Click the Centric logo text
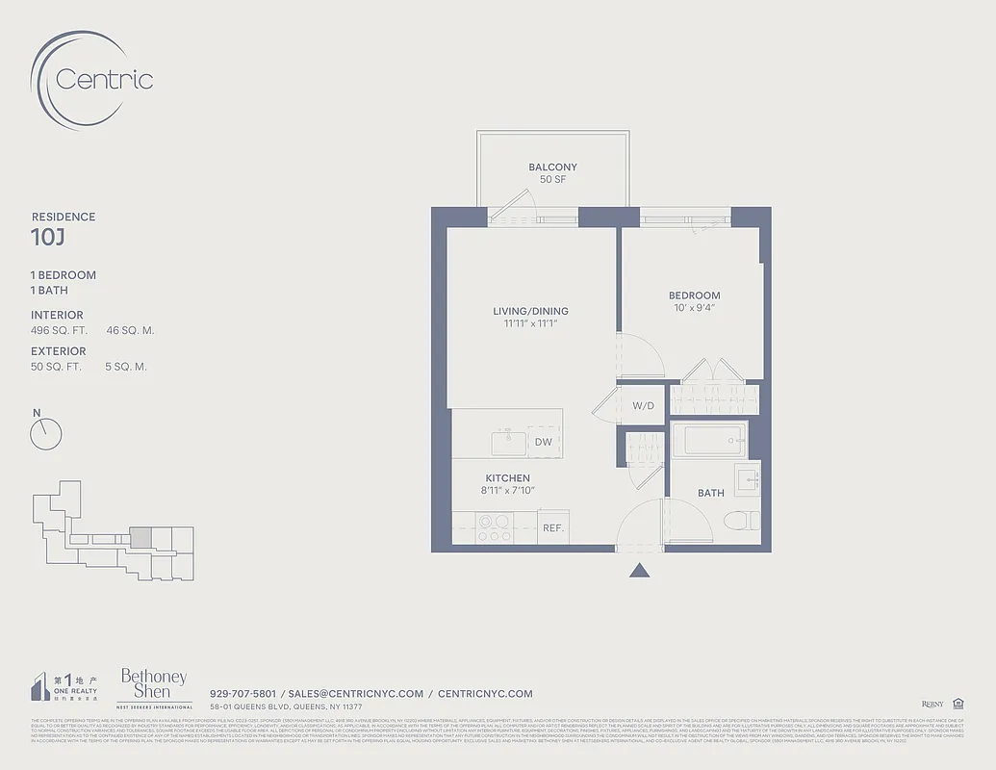tap(104, 79)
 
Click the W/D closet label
tap(643, 405)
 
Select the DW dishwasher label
tap(543, 442)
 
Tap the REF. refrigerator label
tap(552, 528)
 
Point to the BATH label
tap(710, 493)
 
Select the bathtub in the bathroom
tap(708, 442)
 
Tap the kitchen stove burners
tap(494, 528)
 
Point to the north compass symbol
tap(45, 434)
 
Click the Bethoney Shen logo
tap(153, 685)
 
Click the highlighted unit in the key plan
tap(140, 536)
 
